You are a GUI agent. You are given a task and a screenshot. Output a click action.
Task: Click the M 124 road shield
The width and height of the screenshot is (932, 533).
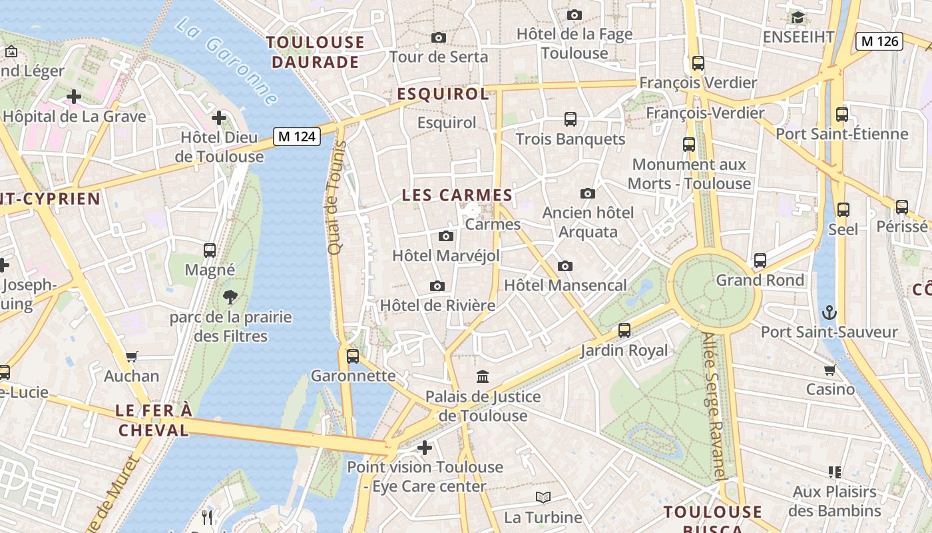(x=296, y=137)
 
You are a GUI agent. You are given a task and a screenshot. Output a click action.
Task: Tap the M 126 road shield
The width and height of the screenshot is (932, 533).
(x=879, y=41)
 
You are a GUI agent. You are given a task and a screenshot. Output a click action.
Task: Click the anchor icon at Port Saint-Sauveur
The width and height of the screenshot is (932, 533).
(x=829, y=312)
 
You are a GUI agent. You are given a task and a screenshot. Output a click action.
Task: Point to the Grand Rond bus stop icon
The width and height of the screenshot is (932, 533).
(x=760, y=261)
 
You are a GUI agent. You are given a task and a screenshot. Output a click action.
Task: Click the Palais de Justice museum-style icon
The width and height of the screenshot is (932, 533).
(x=483, y=377)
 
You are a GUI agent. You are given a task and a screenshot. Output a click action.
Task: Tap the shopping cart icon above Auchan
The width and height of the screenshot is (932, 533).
(x=132, y=356)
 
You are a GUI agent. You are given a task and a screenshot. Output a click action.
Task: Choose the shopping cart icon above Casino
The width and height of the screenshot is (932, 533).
(x=829, y=370)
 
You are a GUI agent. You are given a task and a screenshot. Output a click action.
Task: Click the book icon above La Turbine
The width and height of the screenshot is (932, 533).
(x=543, y=497)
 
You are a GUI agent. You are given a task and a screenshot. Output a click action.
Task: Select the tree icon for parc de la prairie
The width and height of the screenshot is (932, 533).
(x=230, y=297)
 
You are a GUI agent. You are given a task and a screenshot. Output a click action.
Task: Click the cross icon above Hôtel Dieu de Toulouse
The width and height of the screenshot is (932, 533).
(x=219, y=119)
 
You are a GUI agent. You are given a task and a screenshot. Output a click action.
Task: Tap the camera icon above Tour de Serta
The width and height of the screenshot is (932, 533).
(x=438, y=37)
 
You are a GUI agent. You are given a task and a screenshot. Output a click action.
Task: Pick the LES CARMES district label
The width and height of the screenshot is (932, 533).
(x=457, y=195)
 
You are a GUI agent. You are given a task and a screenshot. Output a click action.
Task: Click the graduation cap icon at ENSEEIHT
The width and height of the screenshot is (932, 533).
(x=798, y=17)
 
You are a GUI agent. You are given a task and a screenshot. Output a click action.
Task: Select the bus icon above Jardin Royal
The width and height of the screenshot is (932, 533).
(x=624, y=330)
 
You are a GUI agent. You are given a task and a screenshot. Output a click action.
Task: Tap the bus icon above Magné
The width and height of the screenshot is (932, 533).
(x=210, y=251)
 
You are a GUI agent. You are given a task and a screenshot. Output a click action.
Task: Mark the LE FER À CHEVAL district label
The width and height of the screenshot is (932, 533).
(x=154, y=420)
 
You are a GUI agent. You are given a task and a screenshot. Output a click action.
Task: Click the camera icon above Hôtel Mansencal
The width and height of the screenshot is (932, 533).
(x=565, y=266)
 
